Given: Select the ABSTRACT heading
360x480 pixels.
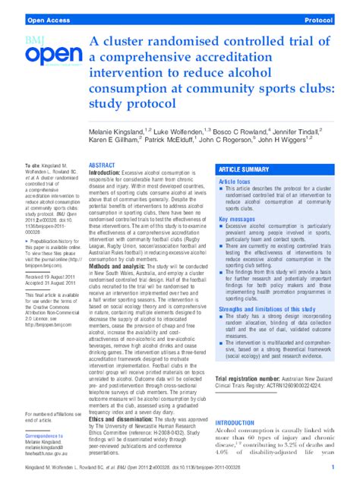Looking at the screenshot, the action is [x=102, y=165].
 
